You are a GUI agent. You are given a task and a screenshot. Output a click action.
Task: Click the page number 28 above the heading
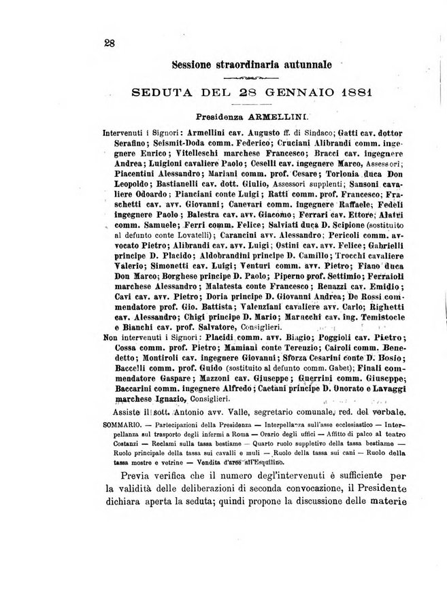(x=110, y=43)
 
